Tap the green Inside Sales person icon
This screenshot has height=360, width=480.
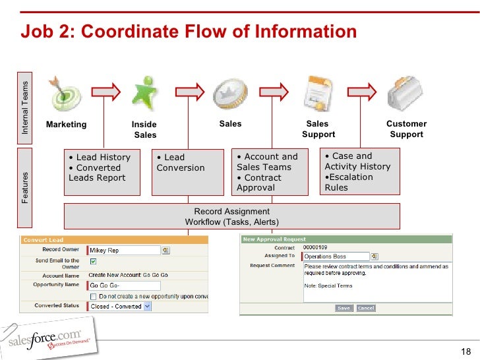click(144, 93)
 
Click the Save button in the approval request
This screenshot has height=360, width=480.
click(344, 308)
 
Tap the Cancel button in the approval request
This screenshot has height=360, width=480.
click(365, 308)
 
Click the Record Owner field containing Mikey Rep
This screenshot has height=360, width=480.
click(124, 251)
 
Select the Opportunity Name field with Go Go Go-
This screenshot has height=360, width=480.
click(124, 285)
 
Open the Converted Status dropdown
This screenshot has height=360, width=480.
click(147, 306)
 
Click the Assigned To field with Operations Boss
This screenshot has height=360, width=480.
click(334, 256)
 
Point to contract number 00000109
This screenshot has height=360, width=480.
click(315, 247)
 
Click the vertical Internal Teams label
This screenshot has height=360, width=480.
click(26, 107)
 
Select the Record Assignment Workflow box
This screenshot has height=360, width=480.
click(231, 216)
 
